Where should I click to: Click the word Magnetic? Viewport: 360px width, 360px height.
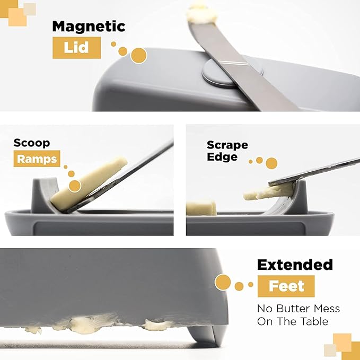coord(89,26)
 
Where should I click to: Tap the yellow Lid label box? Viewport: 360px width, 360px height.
coord(77,48)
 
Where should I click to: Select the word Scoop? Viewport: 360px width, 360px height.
coord(32,143)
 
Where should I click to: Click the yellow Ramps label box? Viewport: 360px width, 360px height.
coord(37,159)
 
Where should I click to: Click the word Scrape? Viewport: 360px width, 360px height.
coord(227,145)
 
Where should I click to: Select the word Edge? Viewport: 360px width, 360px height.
coord(222,157)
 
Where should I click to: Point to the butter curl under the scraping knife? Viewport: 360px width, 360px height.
coord(262,191)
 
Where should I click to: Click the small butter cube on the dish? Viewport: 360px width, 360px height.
coord(201,207)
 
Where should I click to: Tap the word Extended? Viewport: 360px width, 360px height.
coord(295,265)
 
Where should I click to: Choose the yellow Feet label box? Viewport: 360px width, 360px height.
coord(286,286)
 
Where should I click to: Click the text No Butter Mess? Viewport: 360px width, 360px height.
coord(298,309)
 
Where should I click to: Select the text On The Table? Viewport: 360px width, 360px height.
coord(293,321)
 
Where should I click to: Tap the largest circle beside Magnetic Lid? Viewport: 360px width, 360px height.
coord(139,55)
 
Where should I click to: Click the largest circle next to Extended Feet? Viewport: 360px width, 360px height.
coord(223,282)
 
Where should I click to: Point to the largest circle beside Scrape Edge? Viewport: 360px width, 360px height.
coord(271,163)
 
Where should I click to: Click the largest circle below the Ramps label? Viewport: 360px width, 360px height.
coord(75,186)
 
